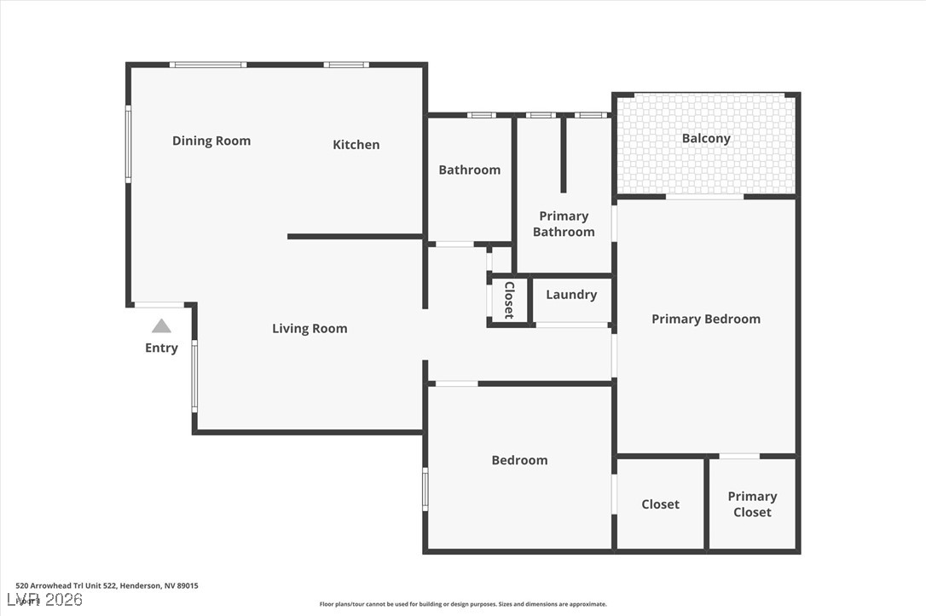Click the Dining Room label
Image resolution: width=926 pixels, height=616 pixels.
click(x=211, y=141)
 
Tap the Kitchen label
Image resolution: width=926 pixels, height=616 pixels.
click(x=356, y=145)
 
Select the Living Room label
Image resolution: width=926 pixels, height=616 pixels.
click(x=310, y=329)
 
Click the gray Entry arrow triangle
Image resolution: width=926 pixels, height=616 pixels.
click(x=161, y=325)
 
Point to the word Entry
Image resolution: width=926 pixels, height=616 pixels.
click(x=161, y=348)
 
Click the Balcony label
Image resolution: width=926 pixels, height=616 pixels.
click(x=706, y=139)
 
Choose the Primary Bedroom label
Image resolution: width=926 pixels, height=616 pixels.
click(x=705, y=319)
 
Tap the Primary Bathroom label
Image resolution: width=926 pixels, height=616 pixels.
click(x=564, y=224)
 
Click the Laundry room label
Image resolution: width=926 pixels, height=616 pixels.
click(x=570, y=295)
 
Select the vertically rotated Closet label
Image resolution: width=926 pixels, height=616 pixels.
click(x=509, y=300)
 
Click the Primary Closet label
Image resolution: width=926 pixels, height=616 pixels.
click(x=752, y=504)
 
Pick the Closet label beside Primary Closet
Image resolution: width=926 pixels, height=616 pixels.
click(x=660, y=504)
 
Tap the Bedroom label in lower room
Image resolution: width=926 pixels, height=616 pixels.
click(x=519, y=460)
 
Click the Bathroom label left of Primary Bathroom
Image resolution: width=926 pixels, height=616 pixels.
click(x=469, y=170)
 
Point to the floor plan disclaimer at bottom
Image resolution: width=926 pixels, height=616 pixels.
click(x=463, y=604)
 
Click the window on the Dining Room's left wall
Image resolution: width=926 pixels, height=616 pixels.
click(x=129, y=143)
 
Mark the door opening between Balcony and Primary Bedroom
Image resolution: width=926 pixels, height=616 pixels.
click(x=704, y=197)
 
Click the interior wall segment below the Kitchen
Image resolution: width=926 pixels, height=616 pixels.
click(x=355, y=236)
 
